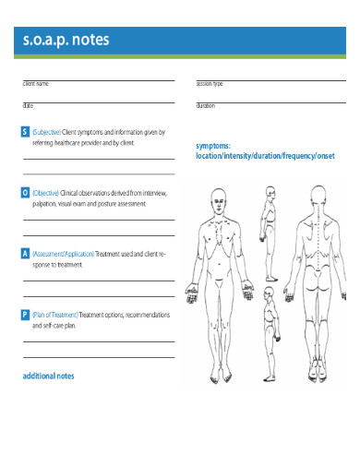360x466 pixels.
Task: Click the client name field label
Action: pos(36,84)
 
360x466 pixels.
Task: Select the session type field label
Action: pos(210,84)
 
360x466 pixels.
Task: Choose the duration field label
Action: pos(206,106)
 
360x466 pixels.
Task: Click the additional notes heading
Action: pos(48,376)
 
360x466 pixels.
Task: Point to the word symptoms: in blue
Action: pos(213,146)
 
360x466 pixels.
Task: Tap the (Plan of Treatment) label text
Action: pos(55,315)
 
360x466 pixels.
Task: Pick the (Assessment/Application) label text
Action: pos(63,253)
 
